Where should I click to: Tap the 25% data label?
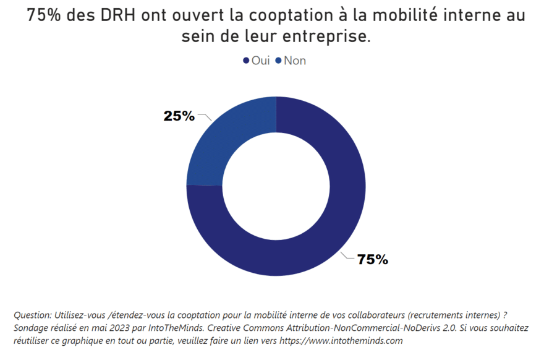[179, 116]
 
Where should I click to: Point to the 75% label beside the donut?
[372, 260]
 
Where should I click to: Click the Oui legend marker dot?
[246, 61]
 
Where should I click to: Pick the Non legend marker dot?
[278, 61]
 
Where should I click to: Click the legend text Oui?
[260, 61]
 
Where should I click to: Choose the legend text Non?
[295, 61]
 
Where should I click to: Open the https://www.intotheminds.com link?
[342, 340]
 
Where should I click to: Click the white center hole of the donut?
[276, 186]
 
